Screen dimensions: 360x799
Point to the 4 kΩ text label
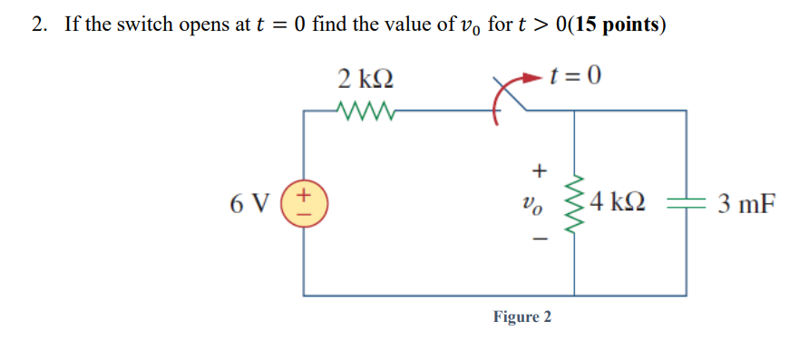click(x=618, y=202)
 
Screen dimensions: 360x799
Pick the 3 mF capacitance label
click(x=745, y=202)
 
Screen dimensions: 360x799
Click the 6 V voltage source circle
click(x=304, y=202)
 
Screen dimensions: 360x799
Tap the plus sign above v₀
click(x=540, y=170)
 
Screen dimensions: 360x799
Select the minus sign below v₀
click(x=540, y=239)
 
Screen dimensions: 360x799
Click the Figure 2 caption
click(x=521, y=317)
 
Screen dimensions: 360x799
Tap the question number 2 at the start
click(x=37, y=24)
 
